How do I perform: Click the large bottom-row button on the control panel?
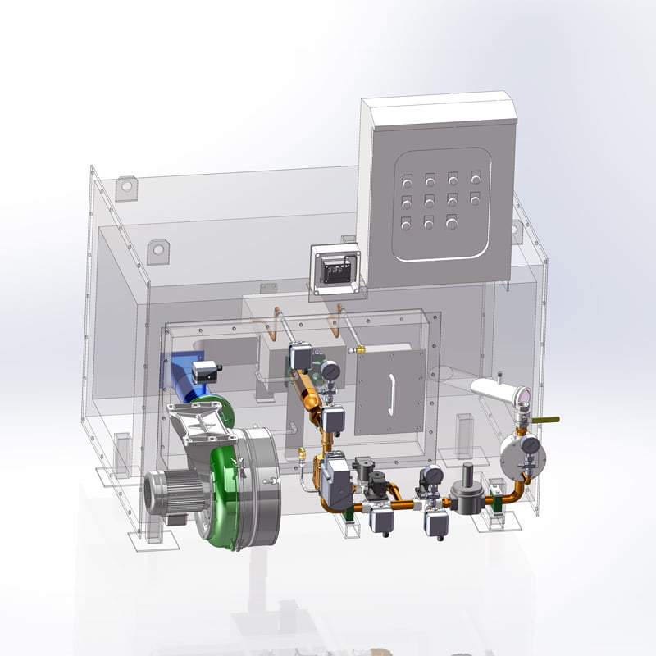452,221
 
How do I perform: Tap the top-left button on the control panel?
407,176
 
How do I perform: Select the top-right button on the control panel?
476,176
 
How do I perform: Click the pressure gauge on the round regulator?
531,445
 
